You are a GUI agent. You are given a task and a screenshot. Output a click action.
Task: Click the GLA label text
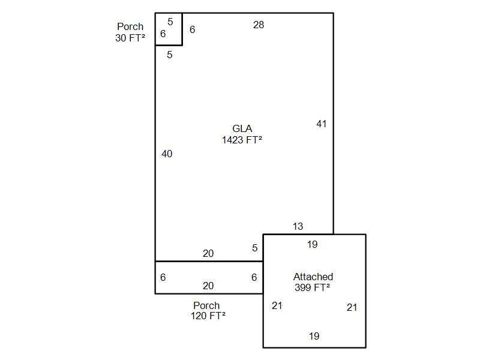pos(242,128)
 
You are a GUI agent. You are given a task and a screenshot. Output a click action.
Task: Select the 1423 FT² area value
pos(242,140)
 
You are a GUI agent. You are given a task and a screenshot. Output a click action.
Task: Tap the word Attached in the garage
pos(313,277)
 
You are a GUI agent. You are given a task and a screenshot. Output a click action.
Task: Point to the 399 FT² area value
pos(312,287)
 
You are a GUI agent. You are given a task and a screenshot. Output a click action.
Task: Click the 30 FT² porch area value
pos(130,38)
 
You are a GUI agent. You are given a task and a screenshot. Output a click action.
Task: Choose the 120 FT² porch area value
pos(208,316)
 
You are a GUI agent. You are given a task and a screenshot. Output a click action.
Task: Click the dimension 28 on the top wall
pos(259,25)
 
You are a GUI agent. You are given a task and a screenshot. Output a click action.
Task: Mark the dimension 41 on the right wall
pos(322,124)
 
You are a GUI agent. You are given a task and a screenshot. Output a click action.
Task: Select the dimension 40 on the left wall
pos(167,154)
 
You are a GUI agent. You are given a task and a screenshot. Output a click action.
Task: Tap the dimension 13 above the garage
pos(298,227)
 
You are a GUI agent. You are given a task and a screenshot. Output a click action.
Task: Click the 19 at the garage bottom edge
pos(314,336)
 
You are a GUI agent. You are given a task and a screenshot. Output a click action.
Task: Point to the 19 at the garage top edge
pos(312,245)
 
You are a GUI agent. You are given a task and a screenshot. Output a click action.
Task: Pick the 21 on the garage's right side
pos(352,307)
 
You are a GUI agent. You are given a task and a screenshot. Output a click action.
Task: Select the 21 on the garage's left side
pos(277,305)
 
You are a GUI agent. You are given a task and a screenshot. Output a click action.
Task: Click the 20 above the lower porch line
pos(208,253)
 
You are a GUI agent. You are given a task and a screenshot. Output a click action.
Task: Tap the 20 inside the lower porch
pos(208,286)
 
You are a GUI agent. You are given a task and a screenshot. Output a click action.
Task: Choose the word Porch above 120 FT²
pos(206,305)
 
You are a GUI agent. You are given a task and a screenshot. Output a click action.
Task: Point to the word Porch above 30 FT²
pos(130,26)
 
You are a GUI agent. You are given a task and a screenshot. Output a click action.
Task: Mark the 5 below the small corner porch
pos(170,55)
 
